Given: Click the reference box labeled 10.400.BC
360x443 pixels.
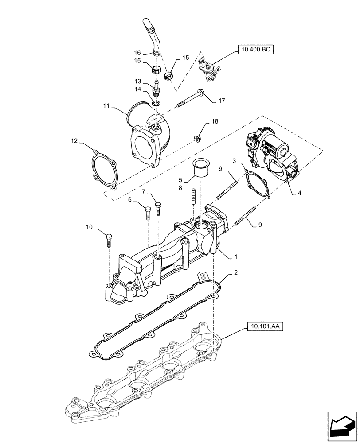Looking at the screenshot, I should pyautogui.click(x=256, y=49).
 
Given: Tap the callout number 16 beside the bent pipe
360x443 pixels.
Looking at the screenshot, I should pyautogui.click(x=137, y=52).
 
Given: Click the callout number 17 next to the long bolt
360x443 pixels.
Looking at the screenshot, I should pyautogui.click(x=222, y=101).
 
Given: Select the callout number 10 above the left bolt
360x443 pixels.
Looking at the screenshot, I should pyautogui.click(x=89, y=227).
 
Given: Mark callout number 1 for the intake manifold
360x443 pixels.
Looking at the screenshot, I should pyautogui.click(x=236, y=256).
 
